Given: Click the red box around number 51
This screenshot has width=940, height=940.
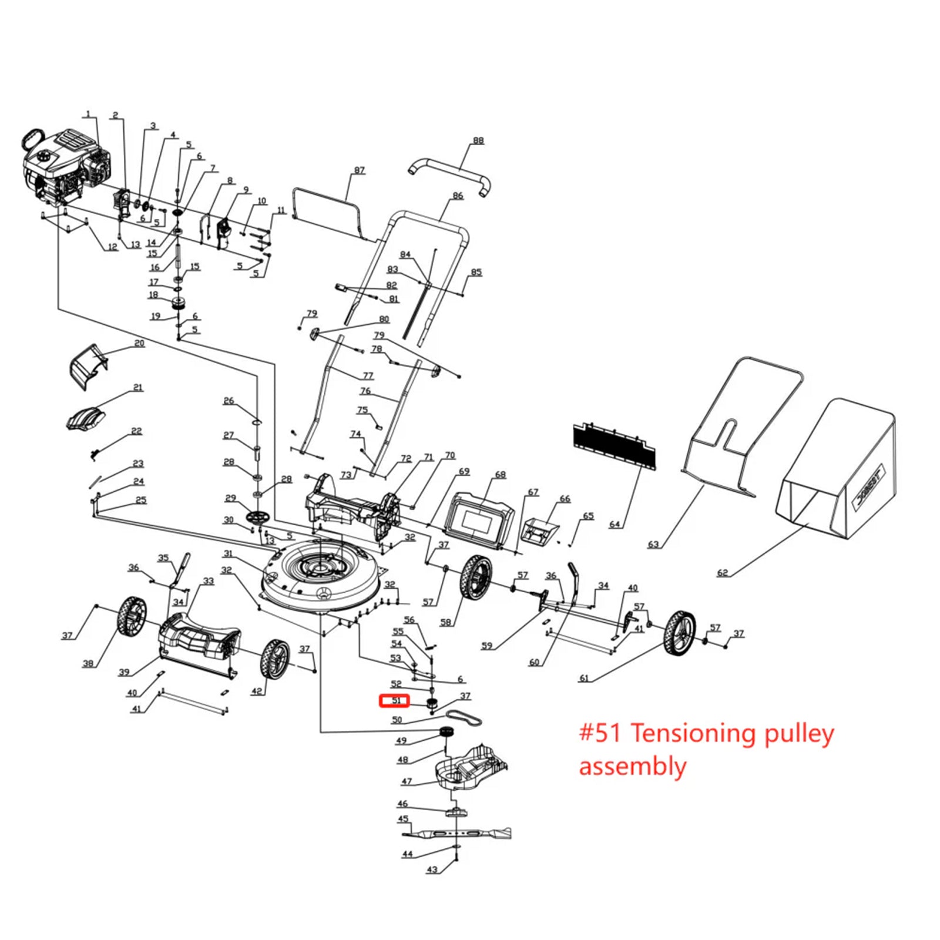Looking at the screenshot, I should click(394, 701).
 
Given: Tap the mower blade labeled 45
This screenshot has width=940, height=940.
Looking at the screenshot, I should click(456, 832).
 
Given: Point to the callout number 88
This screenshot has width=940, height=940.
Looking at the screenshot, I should click(478, 141).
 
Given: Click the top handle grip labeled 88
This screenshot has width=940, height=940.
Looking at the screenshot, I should click(449, 173).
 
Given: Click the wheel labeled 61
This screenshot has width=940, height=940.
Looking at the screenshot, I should click(679, 633).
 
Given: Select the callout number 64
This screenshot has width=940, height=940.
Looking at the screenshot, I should click(615, 524).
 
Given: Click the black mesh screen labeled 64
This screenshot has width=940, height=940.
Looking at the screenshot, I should click(614, 445).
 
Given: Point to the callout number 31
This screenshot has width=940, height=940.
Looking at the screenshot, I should click(228, 553).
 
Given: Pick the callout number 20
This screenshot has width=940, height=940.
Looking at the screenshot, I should click(139, 343).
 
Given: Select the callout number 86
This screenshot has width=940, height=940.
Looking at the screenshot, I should click(458, 196).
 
